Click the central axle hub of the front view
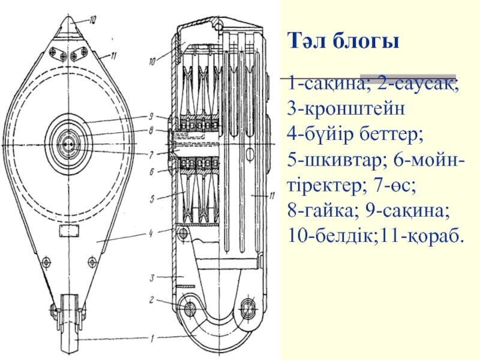point(68,145)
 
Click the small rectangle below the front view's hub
point(68,230)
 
